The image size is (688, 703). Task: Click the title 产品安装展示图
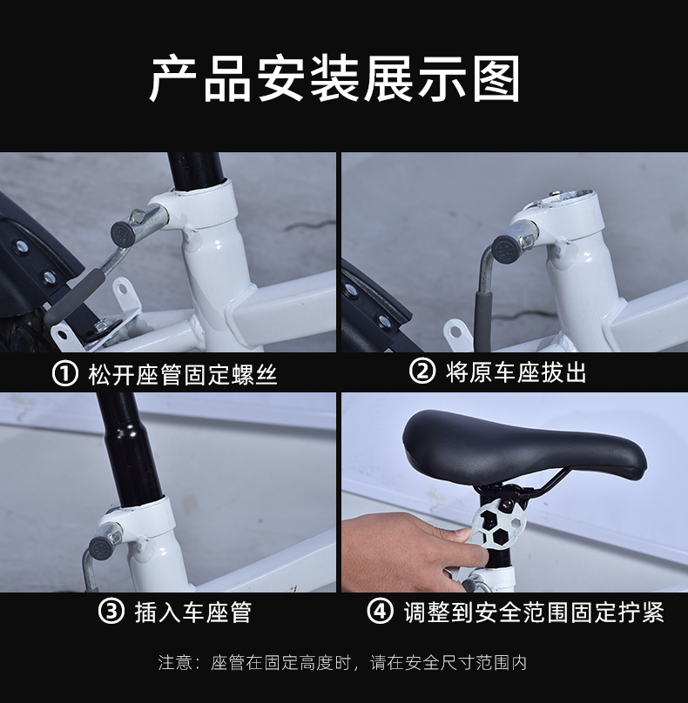point(334,79)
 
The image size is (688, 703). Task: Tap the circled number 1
point(65,374)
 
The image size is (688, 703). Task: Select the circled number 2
point(422,372)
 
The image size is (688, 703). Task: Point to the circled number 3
point(111,612)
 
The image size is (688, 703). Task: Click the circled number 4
point(380,611)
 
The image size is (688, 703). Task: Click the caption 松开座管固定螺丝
point(183,374)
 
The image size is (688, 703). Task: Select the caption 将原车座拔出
point(516,372)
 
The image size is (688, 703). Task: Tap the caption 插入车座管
point(193,612)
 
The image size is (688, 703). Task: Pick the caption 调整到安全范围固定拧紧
point(534,612)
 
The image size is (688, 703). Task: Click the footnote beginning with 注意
point(342,663)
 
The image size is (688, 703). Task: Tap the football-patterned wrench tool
point(499,525)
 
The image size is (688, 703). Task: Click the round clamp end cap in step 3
point(101,548)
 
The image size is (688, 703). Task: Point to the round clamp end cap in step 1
point(123,233)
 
